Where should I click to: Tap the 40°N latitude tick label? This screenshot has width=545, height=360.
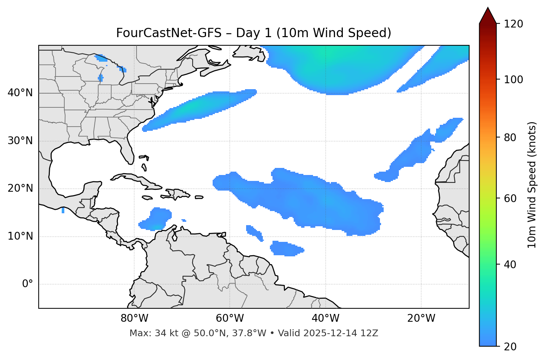tap(20, 93)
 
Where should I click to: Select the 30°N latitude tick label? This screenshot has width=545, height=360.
tap(20, 141)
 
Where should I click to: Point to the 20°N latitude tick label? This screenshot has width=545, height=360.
tap(20, 189)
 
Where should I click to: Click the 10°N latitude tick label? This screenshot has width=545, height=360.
tap(20, 236)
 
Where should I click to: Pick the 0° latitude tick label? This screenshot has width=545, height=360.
tap(28, 284)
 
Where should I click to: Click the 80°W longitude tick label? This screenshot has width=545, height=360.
tap(134, 318)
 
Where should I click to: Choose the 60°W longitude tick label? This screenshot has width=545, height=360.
tap(230, 318)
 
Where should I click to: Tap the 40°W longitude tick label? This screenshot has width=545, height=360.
tap(326, 318)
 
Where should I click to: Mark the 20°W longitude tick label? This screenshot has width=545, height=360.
tap(421, 318)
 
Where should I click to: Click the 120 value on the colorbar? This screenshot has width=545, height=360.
tap(513, 24)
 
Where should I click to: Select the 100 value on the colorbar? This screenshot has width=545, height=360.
tap(513, 80)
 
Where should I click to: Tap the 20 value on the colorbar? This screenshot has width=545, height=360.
tap(511, 347)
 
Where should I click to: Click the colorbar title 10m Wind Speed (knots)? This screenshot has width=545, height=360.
tap(532, 185)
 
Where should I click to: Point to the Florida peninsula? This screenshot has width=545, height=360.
tap(127, 152)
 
